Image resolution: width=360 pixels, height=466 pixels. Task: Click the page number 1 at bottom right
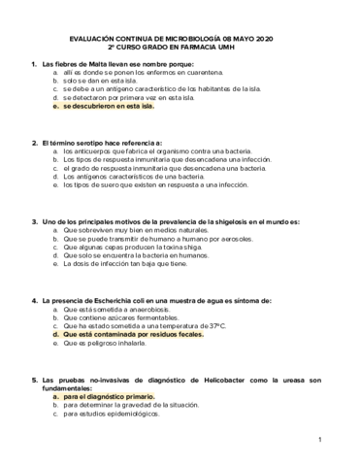(x=319, y=441)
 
